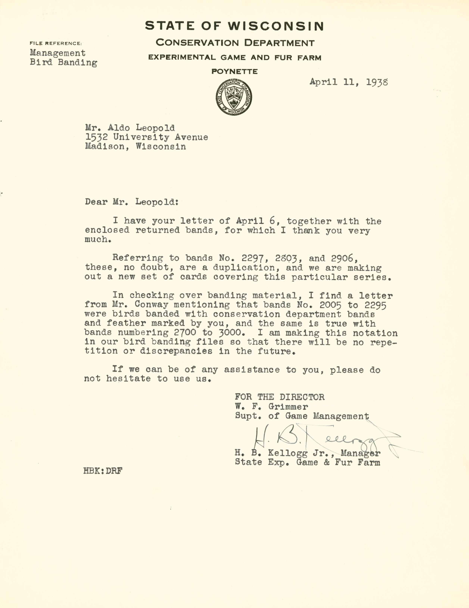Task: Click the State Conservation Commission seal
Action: [234, 97]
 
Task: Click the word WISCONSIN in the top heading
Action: [276, 26]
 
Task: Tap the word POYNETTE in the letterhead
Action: [234, 71]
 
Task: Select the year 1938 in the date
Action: [377, 82]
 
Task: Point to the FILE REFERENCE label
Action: [56, 43]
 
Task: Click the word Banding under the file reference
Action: [77, 63]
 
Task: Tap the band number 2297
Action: [253, 259]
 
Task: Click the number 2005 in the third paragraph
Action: [330, 305]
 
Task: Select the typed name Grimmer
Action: [288, 407]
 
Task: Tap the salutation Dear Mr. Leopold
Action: [131, 202]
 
